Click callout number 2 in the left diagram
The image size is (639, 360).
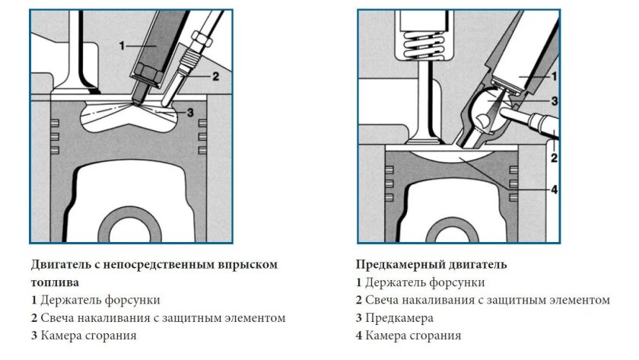[216, 75]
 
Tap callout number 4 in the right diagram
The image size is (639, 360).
[554, 188]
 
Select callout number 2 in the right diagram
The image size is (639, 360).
[554, 158]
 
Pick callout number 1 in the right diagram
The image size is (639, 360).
[554, 75]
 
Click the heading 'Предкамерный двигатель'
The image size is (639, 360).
[431, 264]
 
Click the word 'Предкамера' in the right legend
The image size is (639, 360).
[399, 317]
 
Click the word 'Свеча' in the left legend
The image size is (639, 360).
[58, 317]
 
